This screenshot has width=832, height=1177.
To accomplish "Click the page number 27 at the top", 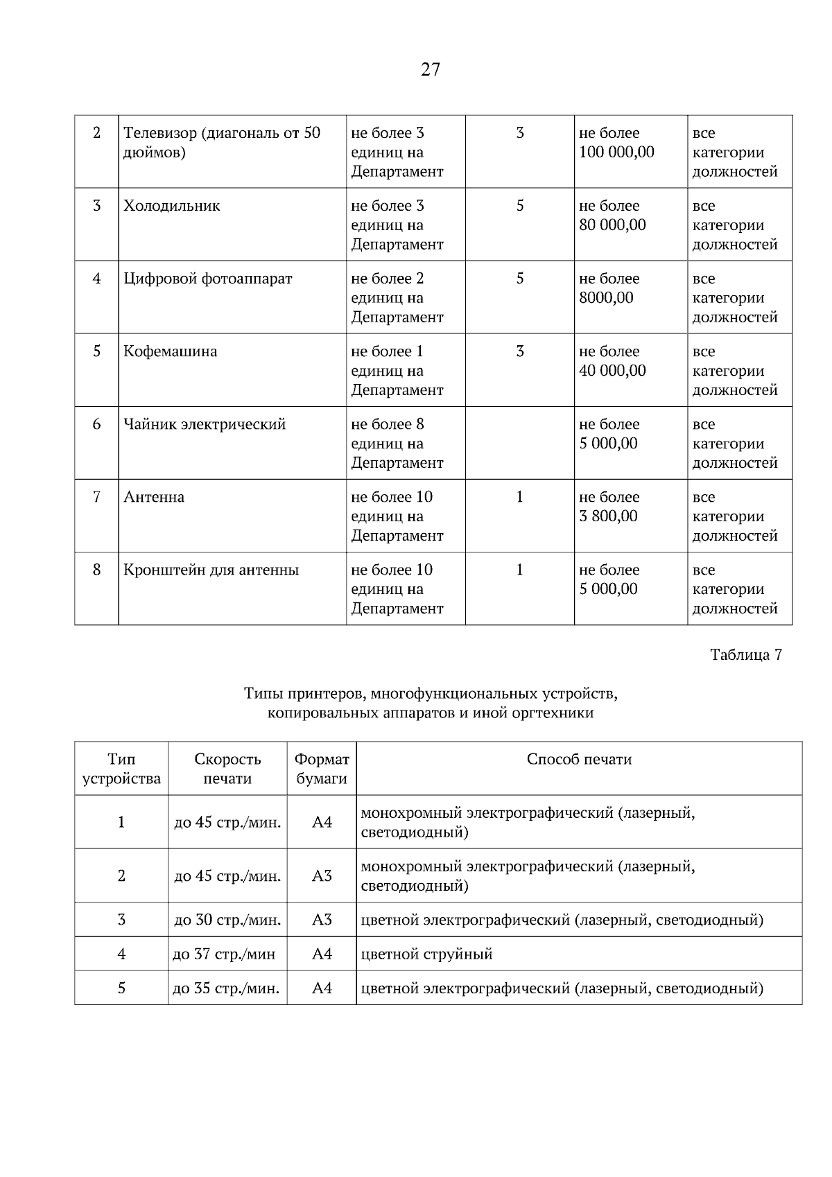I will click(430, 69).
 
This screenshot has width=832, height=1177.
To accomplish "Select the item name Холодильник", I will click(172, 206).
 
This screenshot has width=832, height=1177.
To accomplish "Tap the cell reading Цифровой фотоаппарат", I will click(208, 279).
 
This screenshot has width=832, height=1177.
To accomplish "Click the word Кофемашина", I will click(171, 351).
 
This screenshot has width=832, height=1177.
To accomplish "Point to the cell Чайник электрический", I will click(205, 424).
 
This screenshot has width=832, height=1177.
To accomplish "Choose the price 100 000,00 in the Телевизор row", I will click(616, 152).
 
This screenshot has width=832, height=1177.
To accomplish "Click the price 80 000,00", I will click(612, 225).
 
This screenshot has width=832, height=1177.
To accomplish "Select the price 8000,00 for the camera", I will click(606, 298).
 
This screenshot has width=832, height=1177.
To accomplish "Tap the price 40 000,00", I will click(612, 371).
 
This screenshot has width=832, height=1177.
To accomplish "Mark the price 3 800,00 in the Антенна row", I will click(608, 516).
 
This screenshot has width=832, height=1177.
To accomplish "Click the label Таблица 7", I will click(746, 655).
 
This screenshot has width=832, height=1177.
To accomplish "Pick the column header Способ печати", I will click(579, 759).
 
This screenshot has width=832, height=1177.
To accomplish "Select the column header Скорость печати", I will click(227, 769).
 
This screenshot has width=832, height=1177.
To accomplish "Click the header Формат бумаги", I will click(322, 769).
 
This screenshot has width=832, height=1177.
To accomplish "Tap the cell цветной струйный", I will click(427, 954).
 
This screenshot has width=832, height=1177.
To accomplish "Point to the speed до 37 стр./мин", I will click(224, 954).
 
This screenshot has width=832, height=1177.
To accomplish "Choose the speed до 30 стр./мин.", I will click(227, 920).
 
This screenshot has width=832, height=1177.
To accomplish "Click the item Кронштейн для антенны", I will click(211, 570).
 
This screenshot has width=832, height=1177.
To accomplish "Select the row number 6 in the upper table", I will click(96, 424).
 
